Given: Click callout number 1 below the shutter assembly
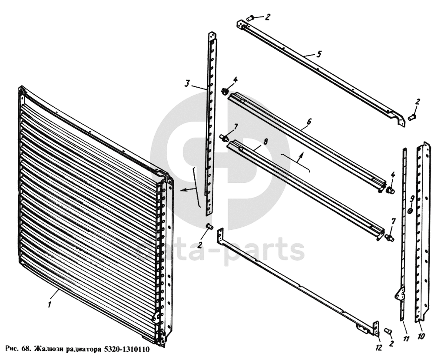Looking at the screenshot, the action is coord(50,304).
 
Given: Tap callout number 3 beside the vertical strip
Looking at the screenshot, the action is coord(187,83).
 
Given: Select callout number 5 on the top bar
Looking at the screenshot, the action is coord(318,54).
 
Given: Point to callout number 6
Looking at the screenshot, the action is coord(309,122).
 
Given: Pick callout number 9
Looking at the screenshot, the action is coord(412,199).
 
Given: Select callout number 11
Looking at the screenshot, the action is coord(406,339).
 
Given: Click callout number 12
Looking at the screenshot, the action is coord(379,348).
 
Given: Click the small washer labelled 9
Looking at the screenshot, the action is coord(410,211).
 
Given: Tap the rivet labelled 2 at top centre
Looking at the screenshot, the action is coord(250,19).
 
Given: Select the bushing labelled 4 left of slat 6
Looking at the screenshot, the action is coord(225,91).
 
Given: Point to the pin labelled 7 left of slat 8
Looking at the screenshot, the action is coord(224,138).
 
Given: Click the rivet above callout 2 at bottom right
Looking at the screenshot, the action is coord(388,331).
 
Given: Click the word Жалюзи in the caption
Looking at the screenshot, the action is coord(49,349).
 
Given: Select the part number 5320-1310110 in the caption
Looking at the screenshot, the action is coord(127,349).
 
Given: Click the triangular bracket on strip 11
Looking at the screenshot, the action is coord(400,294).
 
